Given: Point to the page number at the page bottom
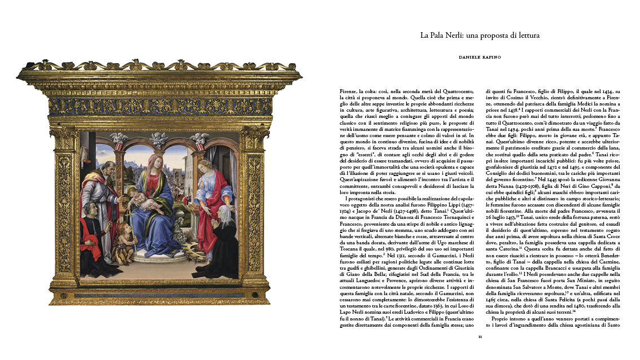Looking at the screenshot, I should [x=480, y=337].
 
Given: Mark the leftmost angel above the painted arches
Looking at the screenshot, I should [x=118, y=138].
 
